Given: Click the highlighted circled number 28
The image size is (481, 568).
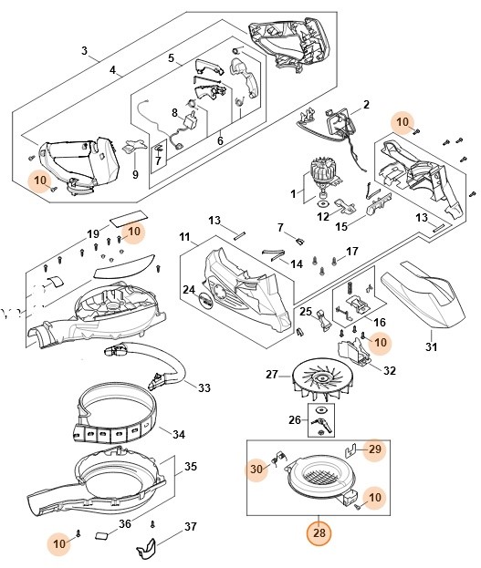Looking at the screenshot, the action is (319, 532).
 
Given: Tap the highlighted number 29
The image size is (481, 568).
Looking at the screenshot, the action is (375, 449).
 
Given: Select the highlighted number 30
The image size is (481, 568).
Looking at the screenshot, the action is (256, 470).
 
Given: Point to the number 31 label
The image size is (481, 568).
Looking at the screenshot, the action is (432, 347).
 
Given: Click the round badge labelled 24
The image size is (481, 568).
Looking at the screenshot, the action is (205, 299).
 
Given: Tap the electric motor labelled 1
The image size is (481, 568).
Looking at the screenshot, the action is (323, 177).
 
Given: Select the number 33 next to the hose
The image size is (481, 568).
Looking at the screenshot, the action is (204, 388).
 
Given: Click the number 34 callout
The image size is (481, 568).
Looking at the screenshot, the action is (178, 434).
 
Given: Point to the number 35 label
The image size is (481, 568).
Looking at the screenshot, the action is (190, 466).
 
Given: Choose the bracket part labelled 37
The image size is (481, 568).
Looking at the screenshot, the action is (146, 548).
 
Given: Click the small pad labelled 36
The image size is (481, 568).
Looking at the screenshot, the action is (102, 536).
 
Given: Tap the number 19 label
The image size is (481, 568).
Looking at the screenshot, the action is (93, 234).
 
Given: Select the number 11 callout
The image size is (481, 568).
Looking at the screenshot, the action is (185, 238).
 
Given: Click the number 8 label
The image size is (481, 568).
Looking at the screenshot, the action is (175, 113).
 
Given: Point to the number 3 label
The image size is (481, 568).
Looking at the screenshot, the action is (85, 50).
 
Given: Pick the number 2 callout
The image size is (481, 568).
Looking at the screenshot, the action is (366, 105).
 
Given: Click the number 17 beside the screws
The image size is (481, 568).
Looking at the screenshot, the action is (352, 251).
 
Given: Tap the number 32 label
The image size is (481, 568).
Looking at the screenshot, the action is (389, 370).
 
